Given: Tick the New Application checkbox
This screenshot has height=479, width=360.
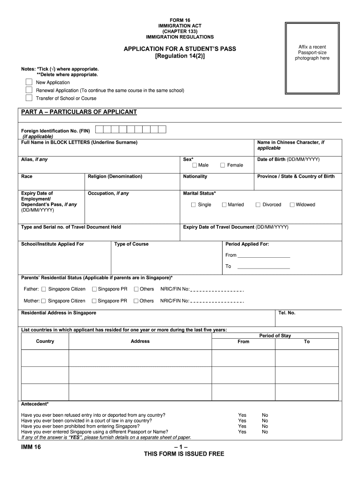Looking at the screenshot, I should [x=29, y=82].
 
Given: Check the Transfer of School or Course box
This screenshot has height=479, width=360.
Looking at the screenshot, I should [x=29, y=98].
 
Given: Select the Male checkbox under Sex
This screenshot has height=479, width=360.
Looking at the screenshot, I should [x=194, y=165].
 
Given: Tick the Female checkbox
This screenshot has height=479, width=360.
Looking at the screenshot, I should [x=223, y=165].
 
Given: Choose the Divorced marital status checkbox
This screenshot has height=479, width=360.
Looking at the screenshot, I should [x=258, y=204].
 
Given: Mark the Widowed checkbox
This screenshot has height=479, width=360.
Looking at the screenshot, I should [x=292, y=204].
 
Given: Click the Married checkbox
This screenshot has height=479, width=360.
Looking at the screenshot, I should [x=224, y=204].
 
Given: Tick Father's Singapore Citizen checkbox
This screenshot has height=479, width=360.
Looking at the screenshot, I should [x=43, y=289].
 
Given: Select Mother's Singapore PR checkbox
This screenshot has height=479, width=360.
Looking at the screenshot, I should [x=94, y=301].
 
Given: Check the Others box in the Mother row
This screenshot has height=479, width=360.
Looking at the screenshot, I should [x=136, y=301].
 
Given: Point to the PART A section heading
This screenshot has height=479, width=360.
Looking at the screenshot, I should [x=79, y=112].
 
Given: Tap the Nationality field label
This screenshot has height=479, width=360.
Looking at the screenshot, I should [x=195, y=176].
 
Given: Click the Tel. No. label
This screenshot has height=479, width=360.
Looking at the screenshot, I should [x=287, y=313].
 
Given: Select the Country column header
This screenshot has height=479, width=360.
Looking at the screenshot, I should [x=45, y=341].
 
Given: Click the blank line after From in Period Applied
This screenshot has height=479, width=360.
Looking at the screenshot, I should [x=264, y=255].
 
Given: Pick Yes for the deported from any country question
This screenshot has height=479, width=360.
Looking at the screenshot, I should [x=242, y=415].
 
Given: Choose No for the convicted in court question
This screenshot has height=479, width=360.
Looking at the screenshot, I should [x=265, y=421].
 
